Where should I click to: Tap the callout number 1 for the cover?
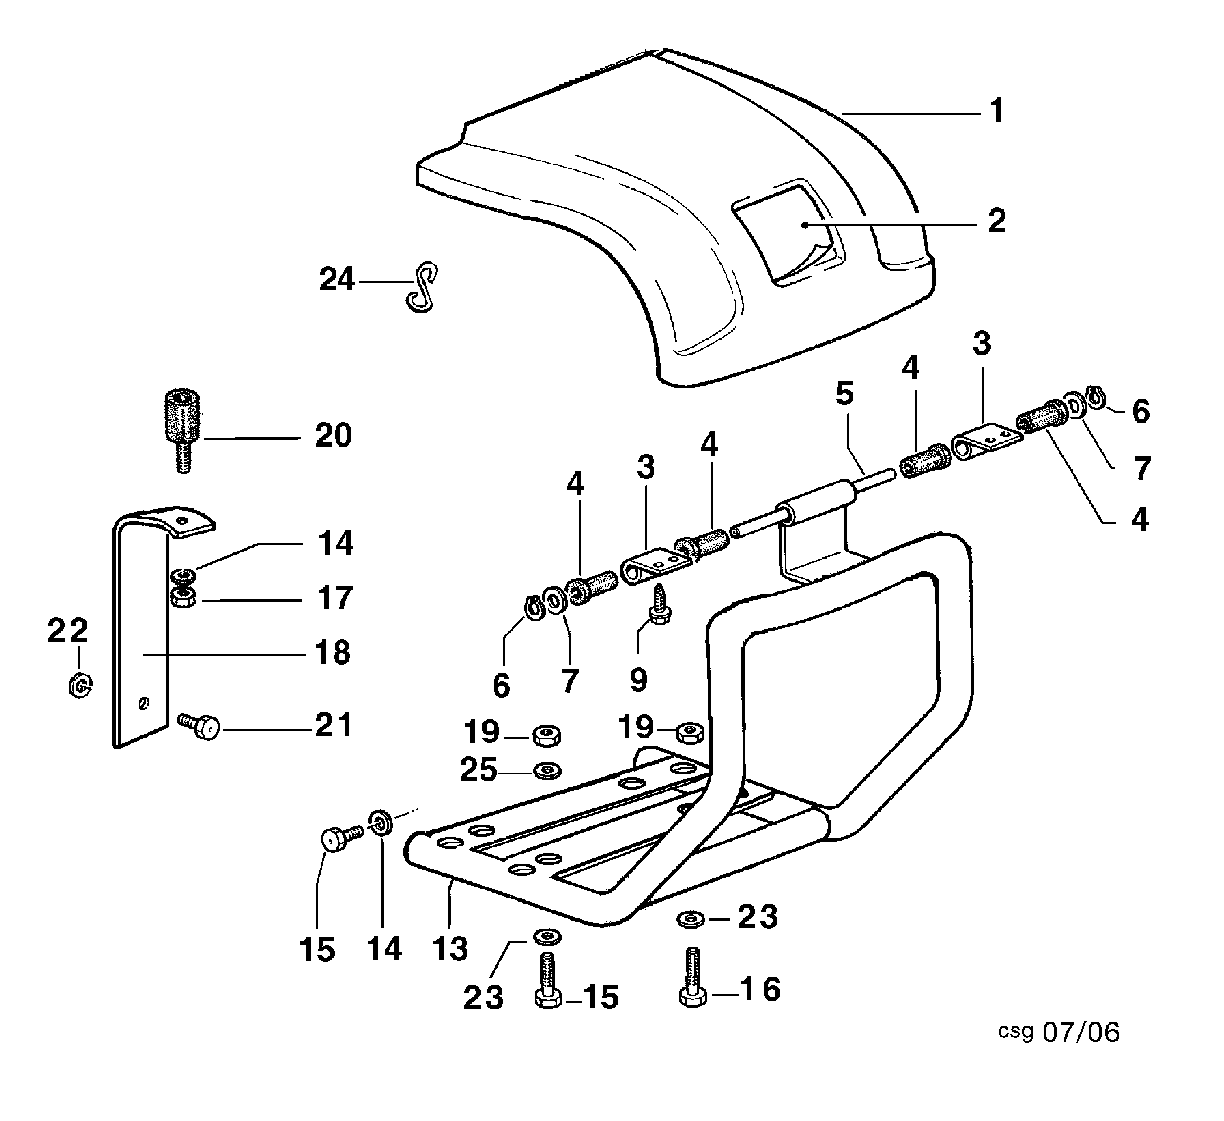[x=996, y=111]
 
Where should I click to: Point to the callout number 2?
[x=996, y=221]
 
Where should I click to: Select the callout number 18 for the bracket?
[x=333, y=653]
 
